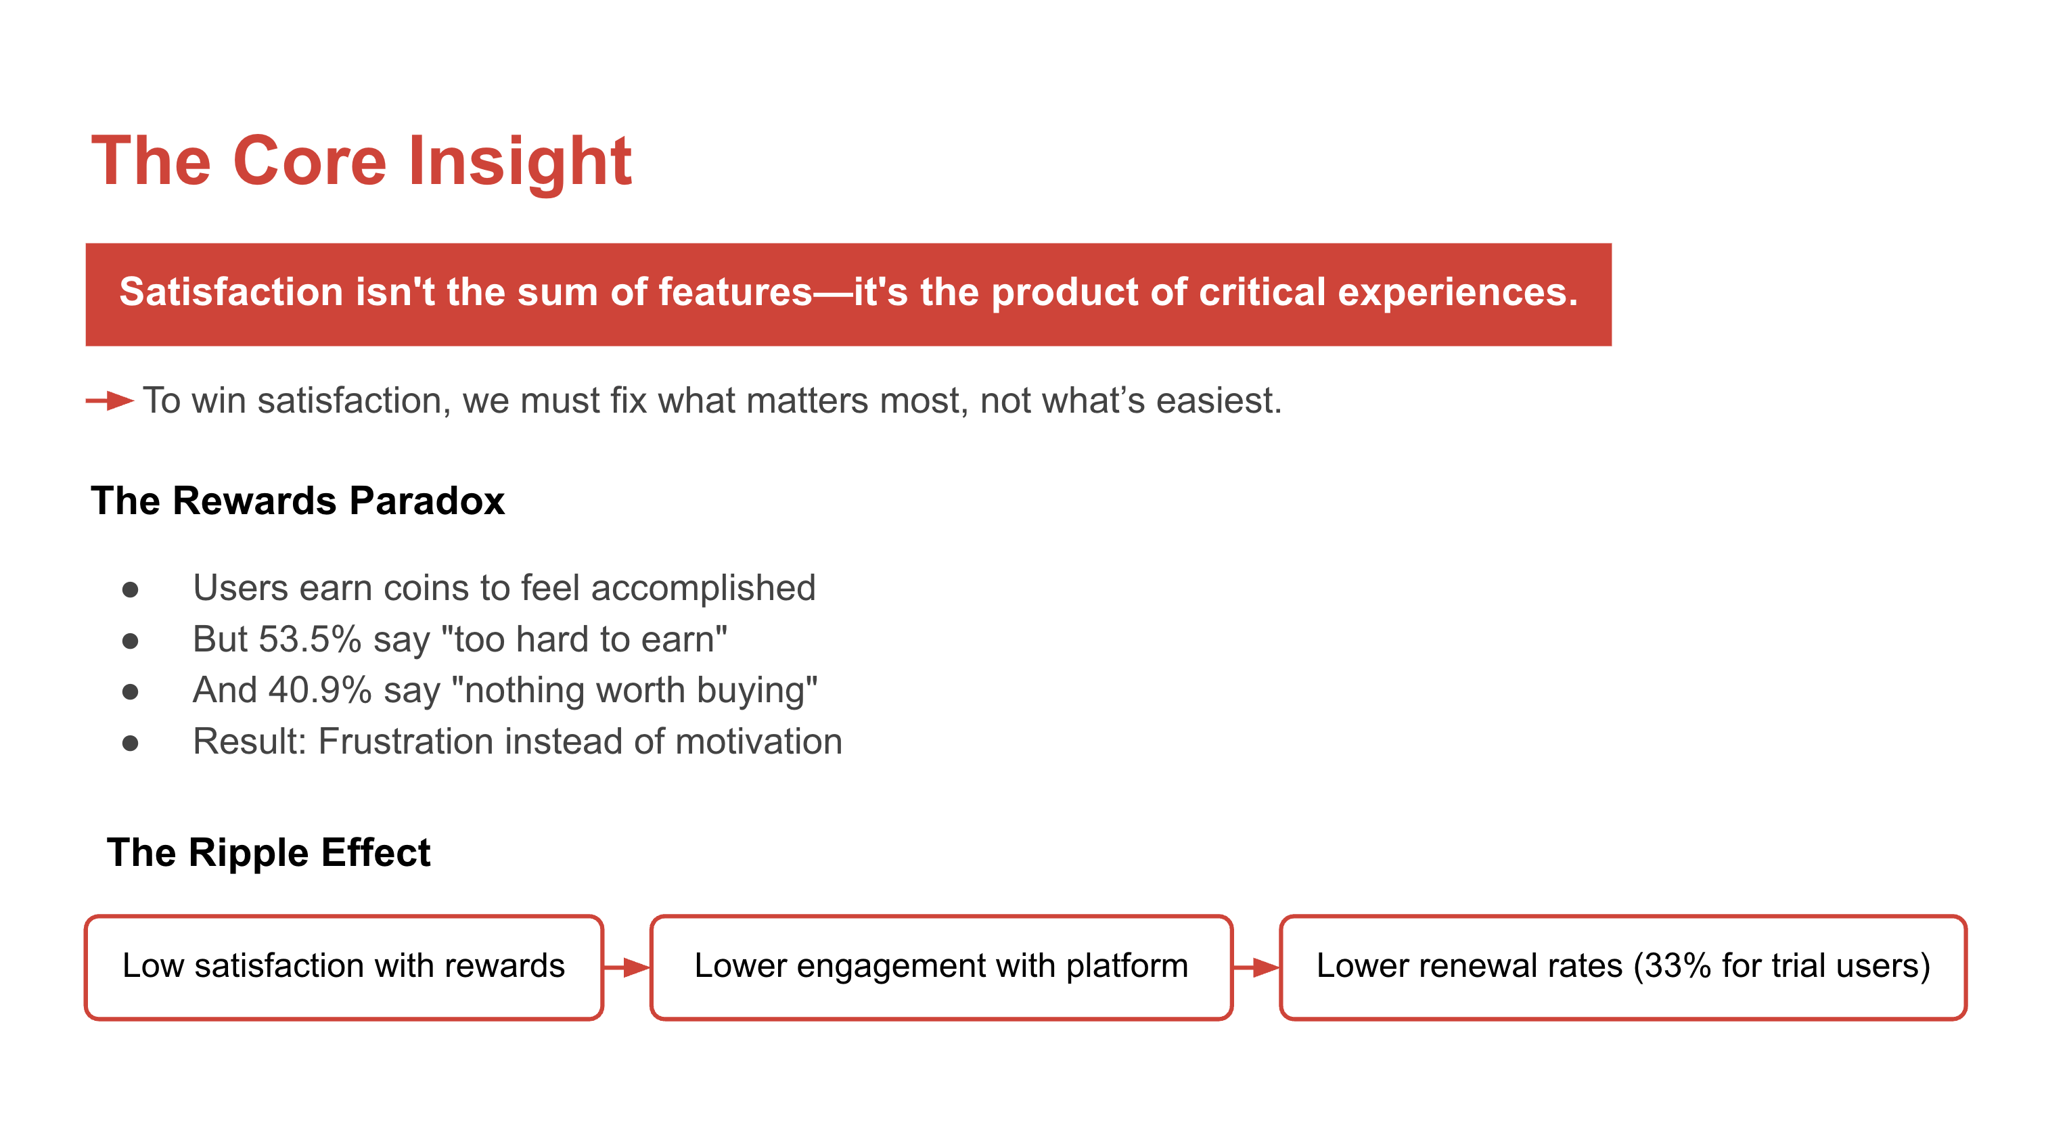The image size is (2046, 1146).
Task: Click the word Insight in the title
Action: coord(520,161)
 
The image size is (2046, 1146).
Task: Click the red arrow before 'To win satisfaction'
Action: coord(110,401)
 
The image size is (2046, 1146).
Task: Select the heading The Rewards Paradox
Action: coord(298,501)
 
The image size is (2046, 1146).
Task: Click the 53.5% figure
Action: coord(310,639)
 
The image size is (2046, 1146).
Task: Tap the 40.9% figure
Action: coord(319,690)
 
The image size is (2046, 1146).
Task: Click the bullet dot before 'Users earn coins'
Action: coord(131,589)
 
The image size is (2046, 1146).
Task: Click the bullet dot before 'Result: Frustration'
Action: coord(131,743)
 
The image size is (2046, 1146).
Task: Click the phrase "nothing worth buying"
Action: coord(634,690)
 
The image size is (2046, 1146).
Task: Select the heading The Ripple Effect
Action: coord(269,853)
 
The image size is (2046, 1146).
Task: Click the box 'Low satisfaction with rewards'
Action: coord(344,967)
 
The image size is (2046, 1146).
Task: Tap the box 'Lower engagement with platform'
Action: coord(941,967)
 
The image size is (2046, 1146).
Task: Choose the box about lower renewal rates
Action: coord(1622,967)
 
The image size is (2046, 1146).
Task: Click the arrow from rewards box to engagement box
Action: coord(627,967)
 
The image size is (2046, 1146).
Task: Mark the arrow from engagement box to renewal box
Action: coord(1256,967)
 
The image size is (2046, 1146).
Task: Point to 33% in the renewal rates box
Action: coord(1677,966)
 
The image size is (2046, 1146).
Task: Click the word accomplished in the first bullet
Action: coord(703,589)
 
